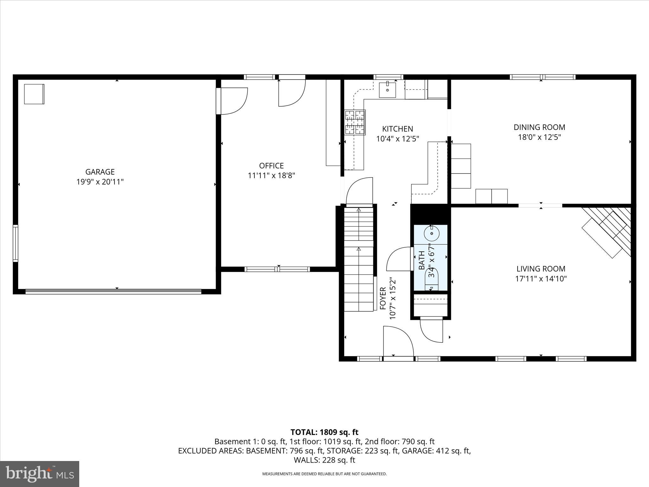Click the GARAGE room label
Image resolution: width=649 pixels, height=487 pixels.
[100, 172]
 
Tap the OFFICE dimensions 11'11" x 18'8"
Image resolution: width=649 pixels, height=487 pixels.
[271, 176]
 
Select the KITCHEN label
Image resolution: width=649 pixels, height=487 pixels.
[397, 129]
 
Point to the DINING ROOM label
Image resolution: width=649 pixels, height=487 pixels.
[539, 127]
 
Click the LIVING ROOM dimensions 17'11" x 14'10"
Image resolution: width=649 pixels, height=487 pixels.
[541, 279]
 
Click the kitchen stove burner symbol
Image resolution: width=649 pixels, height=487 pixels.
[355, 122]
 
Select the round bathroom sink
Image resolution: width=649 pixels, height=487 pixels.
[431, 234]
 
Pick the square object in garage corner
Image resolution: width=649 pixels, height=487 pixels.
[34, 94]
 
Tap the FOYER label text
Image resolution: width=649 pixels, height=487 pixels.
[383, 298]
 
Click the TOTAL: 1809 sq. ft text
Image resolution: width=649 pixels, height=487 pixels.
[324, 432]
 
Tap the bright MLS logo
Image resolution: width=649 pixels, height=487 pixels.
[40, 474]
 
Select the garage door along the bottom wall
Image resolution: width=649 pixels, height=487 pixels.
[113, 291]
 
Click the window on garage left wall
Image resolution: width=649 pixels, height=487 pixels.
[15, 243]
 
